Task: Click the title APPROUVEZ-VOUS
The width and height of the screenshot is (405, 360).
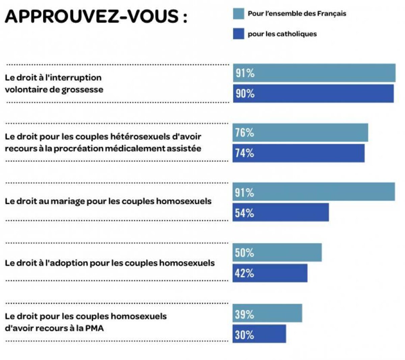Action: pos(96,16)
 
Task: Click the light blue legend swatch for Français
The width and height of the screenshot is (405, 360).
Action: pos(238,14)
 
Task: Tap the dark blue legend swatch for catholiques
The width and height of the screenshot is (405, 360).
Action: pos(238,34)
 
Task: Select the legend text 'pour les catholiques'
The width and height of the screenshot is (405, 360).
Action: pos(282,34)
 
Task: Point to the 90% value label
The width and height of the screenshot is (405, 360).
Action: pos(245,93)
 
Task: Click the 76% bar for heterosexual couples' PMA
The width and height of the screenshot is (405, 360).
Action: pos(300,133)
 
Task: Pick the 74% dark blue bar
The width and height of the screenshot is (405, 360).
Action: pos(298,153)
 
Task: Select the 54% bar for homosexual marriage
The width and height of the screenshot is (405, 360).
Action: pos(280,212)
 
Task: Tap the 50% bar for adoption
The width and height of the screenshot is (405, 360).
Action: pos(277,252)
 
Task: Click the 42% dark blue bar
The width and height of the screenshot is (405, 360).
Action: pos(270,273)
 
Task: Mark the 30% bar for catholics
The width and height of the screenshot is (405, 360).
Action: pos(259,334)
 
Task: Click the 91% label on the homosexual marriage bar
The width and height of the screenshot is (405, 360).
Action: pos(245,193)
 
